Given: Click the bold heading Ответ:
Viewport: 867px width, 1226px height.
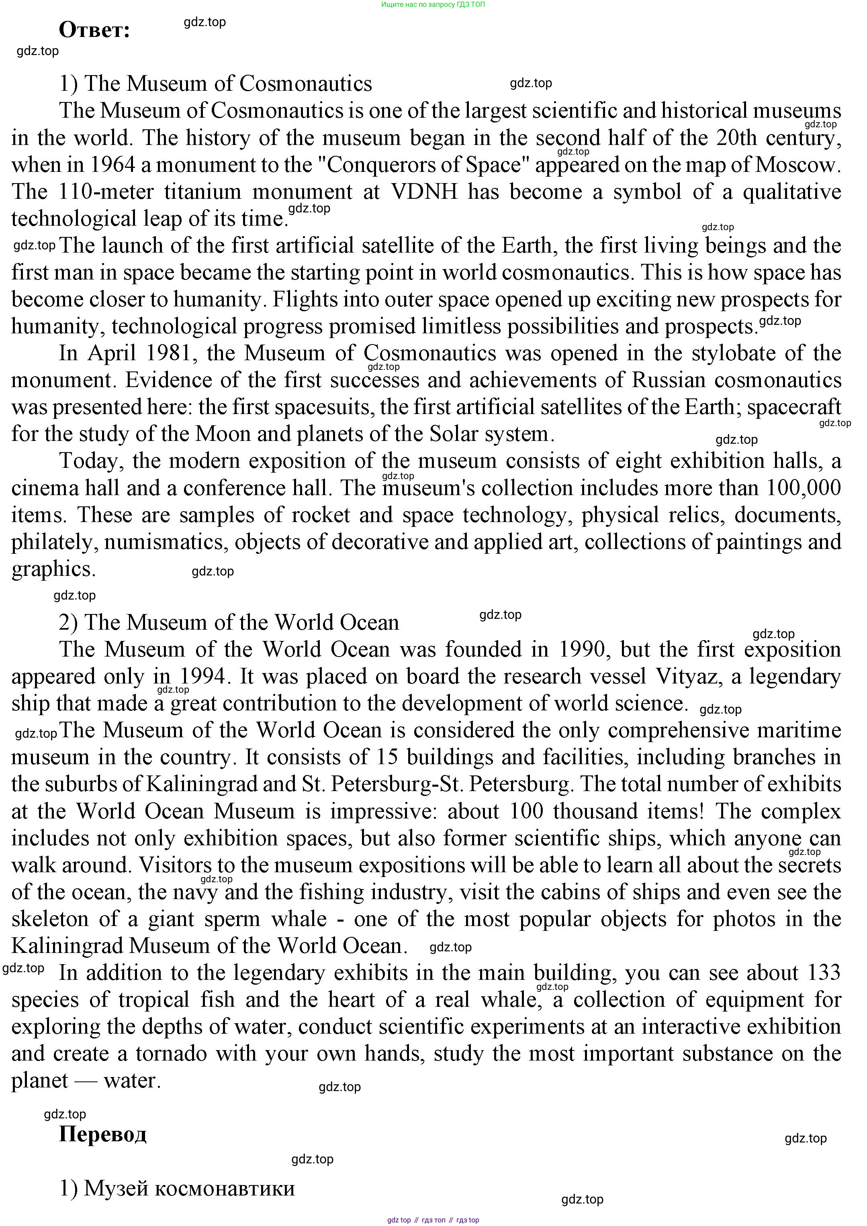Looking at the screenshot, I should (94, 31).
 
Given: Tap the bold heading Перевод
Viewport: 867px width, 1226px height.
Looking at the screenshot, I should (102, 1133).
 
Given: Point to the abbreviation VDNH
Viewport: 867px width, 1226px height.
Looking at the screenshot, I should (425, 192).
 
